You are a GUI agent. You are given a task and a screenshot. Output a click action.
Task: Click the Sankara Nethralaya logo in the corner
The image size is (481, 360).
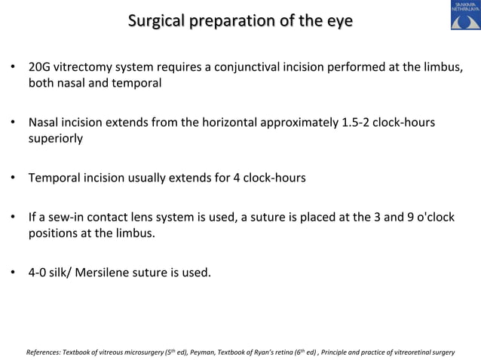click(x=465, y=16)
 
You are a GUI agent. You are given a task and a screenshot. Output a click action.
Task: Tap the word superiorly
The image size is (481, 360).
click(x=56, y=139)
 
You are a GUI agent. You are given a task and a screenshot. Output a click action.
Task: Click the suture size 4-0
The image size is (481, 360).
click(x=39, y=272)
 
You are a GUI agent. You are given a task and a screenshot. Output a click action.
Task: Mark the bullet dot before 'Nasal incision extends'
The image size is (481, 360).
click(x=12, y=122)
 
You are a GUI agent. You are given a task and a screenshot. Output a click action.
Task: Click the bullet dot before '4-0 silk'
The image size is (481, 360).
click(x=12, y=272)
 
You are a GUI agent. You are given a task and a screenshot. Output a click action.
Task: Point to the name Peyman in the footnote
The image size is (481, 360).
click(x=204, y=352)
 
